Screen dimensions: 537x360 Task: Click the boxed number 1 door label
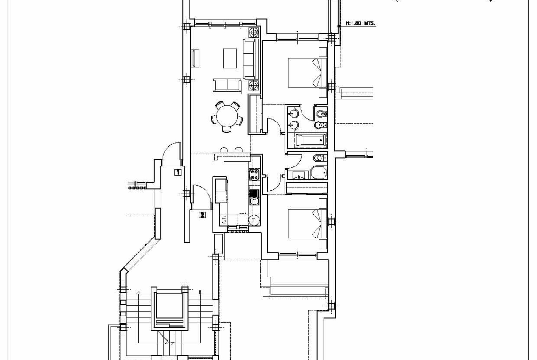tap(178, 172)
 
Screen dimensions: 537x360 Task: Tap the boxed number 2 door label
tap(202, 215)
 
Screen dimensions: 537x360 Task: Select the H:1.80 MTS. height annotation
tap(360, 24)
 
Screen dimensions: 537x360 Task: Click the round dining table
tap(227, 116)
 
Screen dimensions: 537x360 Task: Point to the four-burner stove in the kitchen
tap(254, 175)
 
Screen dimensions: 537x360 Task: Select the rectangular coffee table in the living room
tap(230, 58)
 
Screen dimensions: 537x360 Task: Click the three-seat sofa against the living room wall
tap(251, 59)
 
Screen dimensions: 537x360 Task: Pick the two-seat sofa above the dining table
tap(227, 86)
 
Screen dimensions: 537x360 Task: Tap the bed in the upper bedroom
tap(305, 72)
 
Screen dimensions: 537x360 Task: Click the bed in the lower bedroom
tap(305, 224)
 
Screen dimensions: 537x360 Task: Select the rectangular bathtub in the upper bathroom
tap(310, 140)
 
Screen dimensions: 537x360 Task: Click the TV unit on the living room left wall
tap(196, 59)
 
